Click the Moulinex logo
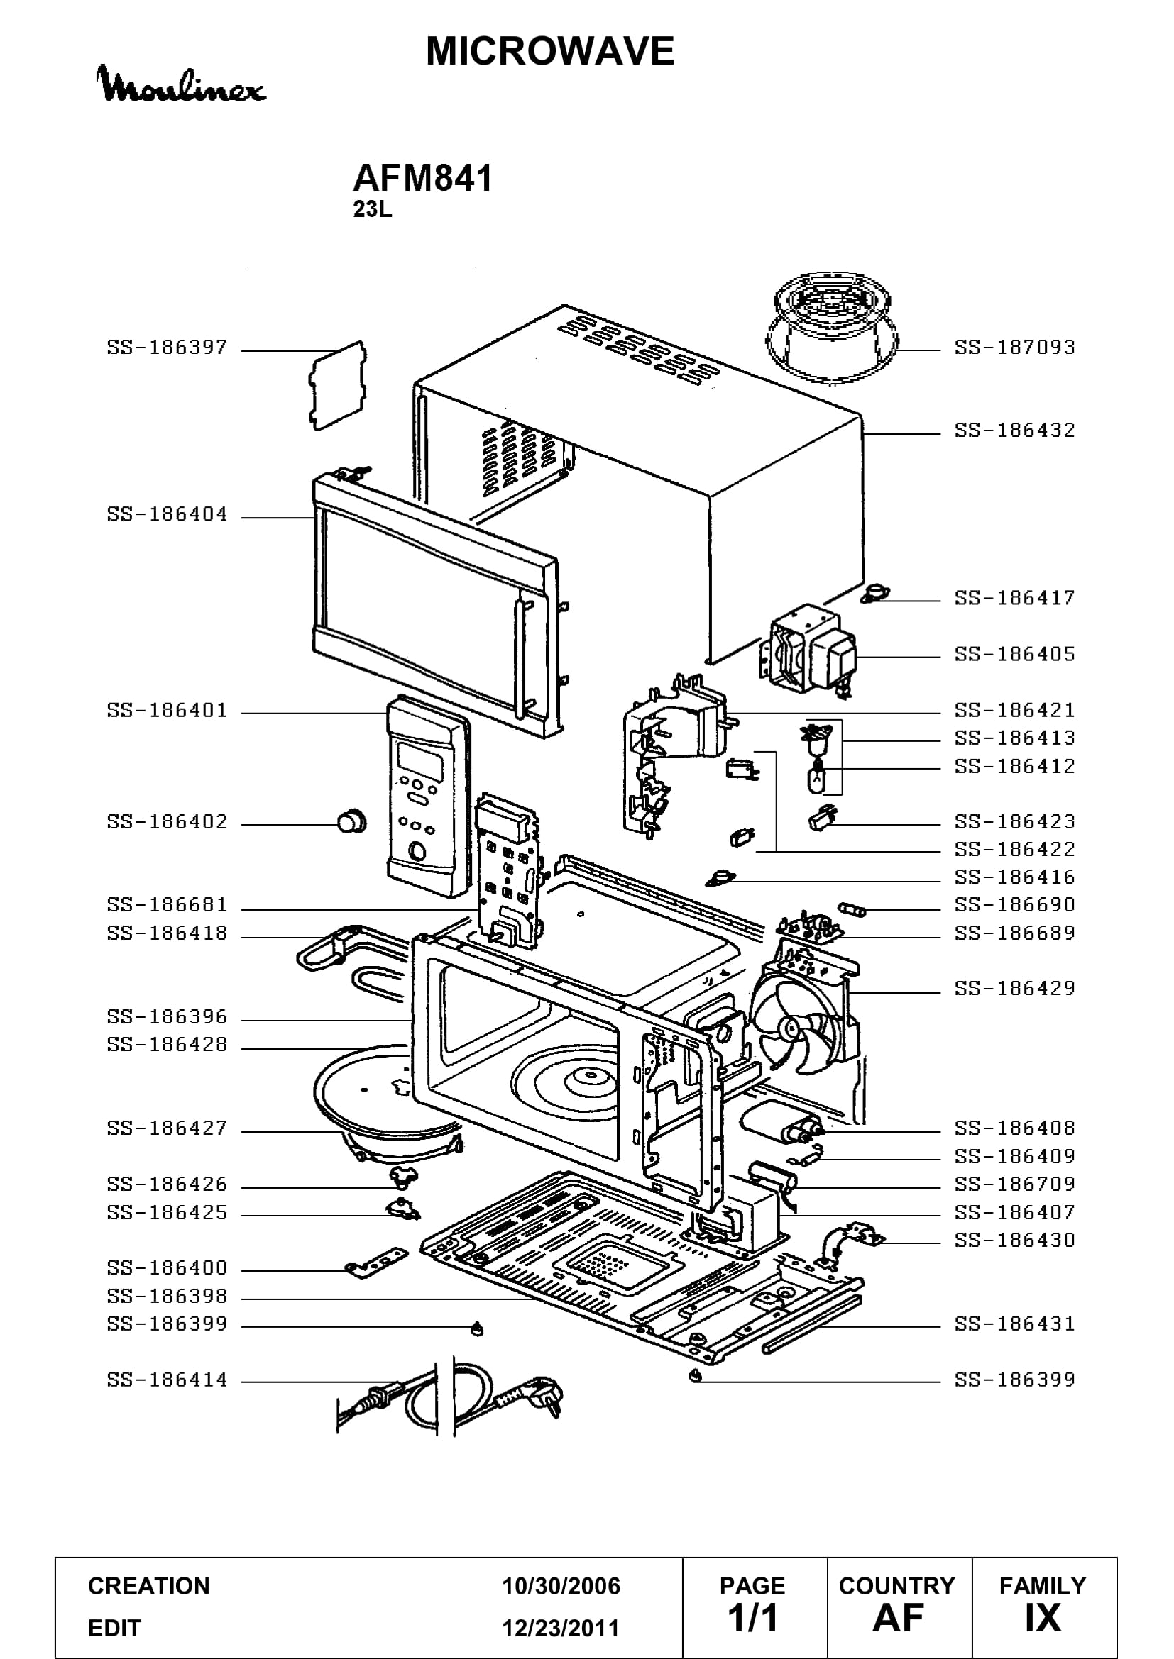[x=181, y=85]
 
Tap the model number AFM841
[x=423, y=178]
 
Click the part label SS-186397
[x=167, y=348]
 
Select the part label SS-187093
[x=1014, y=348]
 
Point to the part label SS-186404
[x=167, y=514]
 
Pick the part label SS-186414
[x=167, y=1380]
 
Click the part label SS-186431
[x=1014, y=1324]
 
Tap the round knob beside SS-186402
[x=351, y=821]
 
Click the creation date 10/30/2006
[x=561, y=1586]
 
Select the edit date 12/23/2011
[x=561, y=1629]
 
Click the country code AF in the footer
[x=898, y=1619]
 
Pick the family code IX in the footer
[x=1043, y=1619]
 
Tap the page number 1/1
[x=752, y=1619]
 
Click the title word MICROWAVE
[x=550, y=51]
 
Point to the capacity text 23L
[x=373, y=209]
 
